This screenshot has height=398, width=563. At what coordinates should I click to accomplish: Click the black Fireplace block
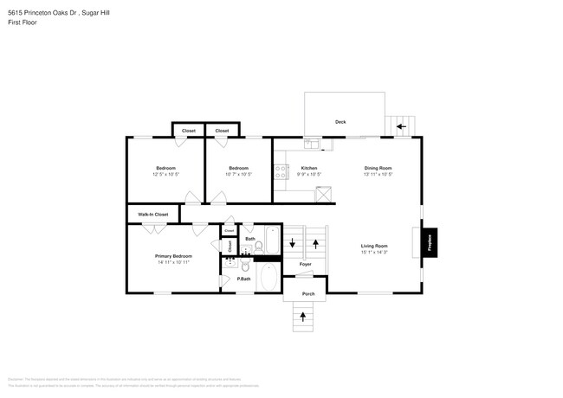tap(430, 243)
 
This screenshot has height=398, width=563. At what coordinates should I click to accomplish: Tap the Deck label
tap(340, 122)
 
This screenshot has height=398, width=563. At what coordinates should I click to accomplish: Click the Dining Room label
tap(378, 168)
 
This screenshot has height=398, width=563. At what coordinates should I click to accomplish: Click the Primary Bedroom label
tap(173, 256)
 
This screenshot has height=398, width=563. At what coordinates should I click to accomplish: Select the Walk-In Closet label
tap(152, 214)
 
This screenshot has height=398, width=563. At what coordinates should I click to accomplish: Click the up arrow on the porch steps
tap(303, 317)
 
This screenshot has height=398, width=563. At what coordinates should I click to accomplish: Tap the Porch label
tap(307, 294)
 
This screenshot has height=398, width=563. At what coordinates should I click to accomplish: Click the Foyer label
tap(305, 264)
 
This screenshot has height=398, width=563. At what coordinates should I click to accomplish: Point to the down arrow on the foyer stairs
tap(293, 242)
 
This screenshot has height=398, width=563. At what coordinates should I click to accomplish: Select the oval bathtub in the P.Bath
tap(268, 279)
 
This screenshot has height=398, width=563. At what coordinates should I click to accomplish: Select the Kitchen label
tap(308, 168)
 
